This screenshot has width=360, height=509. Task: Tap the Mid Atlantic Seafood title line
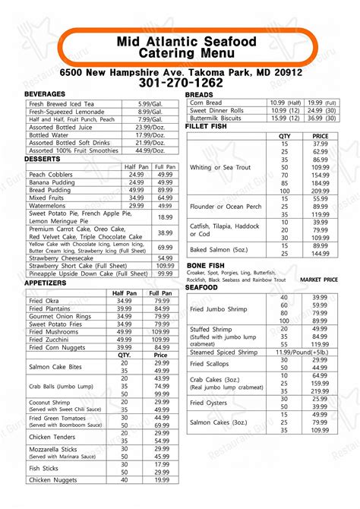click(187, 42)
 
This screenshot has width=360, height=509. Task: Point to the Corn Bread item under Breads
click(206, 102)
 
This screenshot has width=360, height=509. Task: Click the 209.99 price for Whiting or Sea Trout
click(320, 192)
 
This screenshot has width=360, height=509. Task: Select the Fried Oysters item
click(209, 402)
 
